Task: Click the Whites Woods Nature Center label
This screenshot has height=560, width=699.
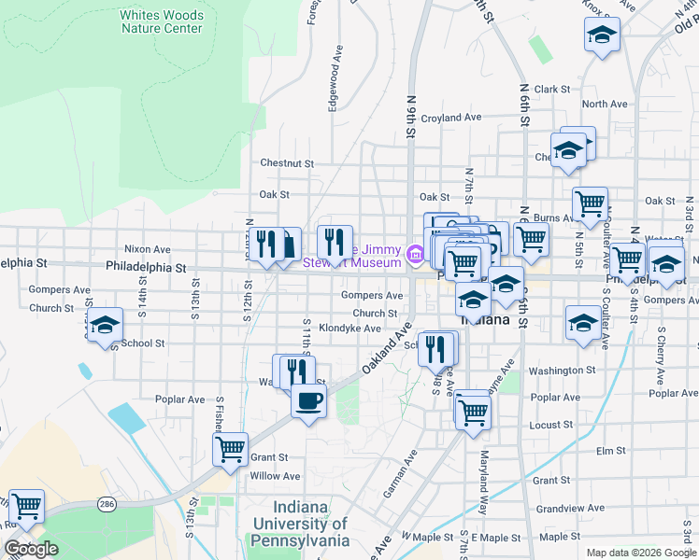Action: [x=162, y=21]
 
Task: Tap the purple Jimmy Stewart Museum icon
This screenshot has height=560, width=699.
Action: [x=416, y=251]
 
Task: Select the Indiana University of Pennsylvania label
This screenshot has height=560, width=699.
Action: [x=300, y=524]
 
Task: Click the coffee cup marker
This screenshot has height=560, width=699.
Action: [x=308, y=401]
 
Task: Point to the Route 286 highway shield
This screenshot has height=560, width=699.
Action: [x=107, y=504]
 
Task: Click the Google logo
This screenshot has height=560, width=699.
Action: [x=31, y=549]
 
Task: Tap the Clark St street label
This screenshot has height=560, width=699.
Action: [x=552, y=90]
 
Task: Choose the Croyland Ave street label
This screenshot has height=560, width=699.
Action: [x=450, y=119]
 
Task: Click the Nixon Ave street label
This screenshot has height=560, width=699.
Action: [x=148, y=250]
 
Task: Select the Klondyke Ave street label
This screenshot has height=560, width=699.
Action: [x=349, y=329]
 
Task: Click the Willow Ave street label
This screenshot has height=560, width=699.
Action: [x=275, y=476]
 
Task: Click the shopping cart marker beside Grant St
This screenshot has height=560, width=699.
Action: [x=229, y=449]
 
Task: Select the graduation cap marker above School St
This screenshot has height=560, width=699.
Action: [x=105, y=325]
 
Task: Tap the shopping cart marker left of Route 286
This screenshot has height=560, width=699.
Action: [x=26, y=506]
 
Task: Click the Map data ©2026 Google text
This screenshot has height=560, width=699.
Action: [x=641, y=553]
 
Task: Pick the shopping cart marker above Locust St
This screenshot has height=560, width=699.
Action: [x=473, y=408]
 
